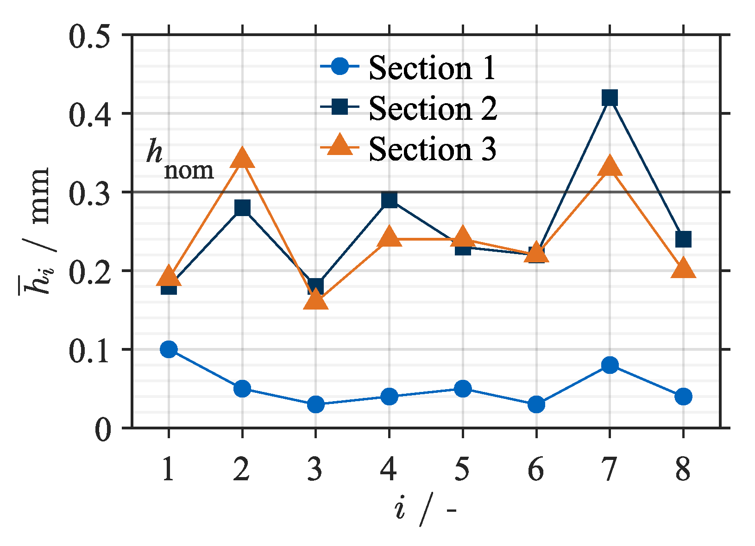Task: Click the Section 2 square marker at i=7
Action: (610, 98)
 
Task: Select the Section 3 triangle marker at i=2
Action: (242, 159)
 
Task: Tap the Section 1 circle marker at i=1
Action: (169, 349)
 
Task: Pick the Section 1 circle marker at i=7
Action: (610, 365)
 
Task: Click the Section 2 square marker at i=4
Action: (390, 200)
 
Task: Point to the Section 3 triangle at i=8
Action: (683, 269)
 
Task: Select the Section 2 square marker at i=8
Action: (683, 239)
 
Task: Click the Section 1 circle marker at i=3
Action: (316, 404)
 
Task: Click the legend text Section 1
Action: (432, 68)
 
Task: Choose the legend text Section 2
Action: (433, 109)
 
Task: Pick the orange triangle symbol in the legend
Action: (340, 145)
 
